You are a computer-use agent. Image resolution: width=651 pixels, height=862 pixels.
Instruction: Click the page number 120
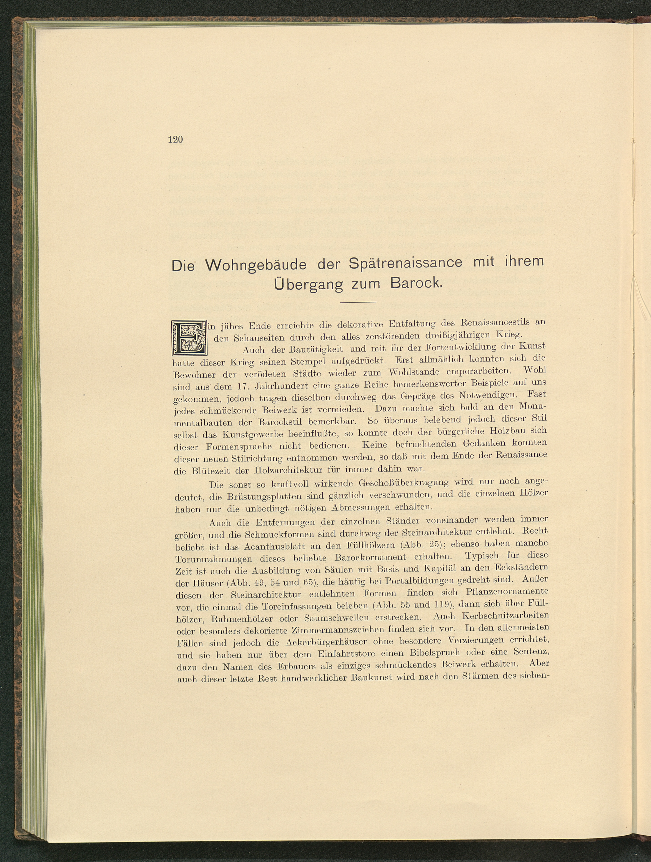(175, 140)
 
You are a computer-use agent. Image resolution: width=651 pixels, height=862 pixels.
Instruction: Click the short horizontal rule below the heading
(358, 302)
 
